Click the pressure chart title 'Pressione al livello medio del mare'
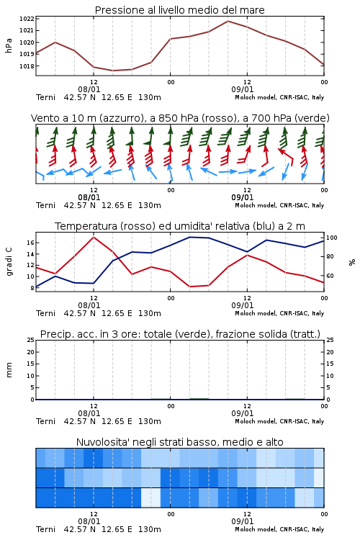point(179,10)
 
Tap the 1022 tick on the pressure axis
point(27,19)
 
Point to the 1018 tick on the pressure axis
point(27,66)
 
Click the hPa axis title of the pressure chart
point(9,45)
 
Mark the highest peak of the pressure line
point(228,21)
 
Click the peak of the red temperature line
point(94,237)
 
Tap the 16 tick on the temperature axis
point(30,243)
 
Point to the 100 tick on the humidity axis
point(332,238)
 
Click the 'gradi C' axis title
point(9,262)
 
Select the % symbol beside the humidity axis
point(352,262)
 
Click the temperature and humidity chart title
point(180,226)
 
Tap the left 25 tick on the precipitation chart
point(30,340)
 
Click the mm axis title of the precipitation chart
point(9,370)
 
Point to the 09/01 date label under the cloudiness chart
point(242,521)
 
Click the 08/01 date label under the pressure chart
point(89,89)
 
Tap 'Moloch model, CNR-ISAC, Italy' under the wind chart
point(279,205)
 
